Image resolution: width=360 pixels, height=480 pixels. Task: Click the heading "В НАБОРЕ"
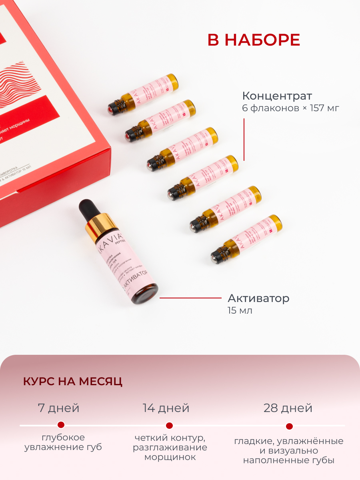click(x=254, y=40)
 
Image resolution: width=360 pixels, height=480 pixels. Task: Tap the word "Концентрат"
click(x=277, y=96)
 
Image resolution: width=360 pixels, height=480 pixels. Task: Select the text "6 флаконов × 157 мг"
click(x=290, y=108)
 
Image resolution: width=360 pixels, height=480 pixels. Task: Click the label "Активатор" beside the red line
click(x=258, y=298)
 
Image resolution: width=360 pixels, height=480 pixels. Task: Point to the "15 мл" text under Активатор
click(x=240, y=310)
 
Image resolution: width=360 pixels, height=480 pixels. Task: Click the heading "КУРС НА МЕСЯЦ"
click(x=73, y=382)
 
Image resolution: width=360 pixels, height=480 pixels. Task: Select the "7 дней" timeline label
click(x=58, y=408)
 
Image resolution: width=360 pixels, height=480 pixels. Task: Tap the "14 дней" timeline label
click(x=166, y=408)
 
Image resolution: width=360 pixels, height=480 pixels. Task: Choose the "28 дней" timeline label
click(x=288, y=408)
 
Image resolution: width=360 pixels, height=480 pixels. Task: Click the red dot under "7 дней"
click(x=61, y=425)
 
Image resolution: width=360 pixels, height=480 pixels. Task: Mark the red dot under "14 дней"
click(x=169, y=425)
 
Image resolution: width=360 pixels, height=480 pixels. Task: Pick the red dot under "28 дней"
click(x=289, y=426)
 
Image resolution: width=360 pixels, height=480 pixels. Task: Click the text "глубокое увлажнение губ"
click(x=63, y=442)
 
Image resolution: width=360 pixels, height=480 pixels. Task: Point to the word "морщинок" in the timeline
click(x=170, y=457)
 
